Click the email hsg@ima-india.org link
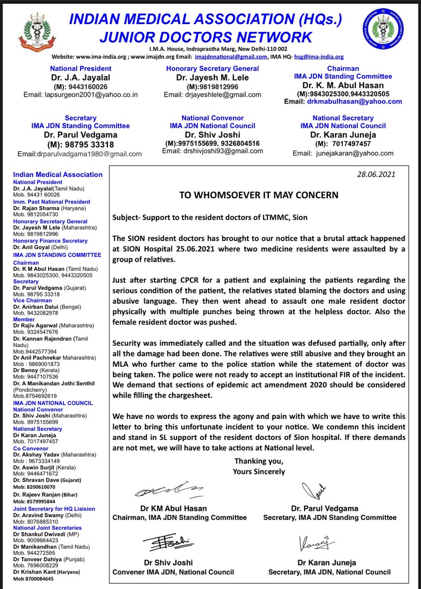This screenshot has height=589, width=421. coord(319,57)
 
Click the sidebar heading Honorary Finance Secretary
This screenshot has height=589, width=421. coord(50,241)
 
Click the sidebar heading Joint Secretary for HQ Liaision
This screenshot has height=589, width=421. coord(54,509)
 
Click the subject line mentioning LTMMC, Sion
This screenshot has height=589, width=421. coord(213,217)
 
